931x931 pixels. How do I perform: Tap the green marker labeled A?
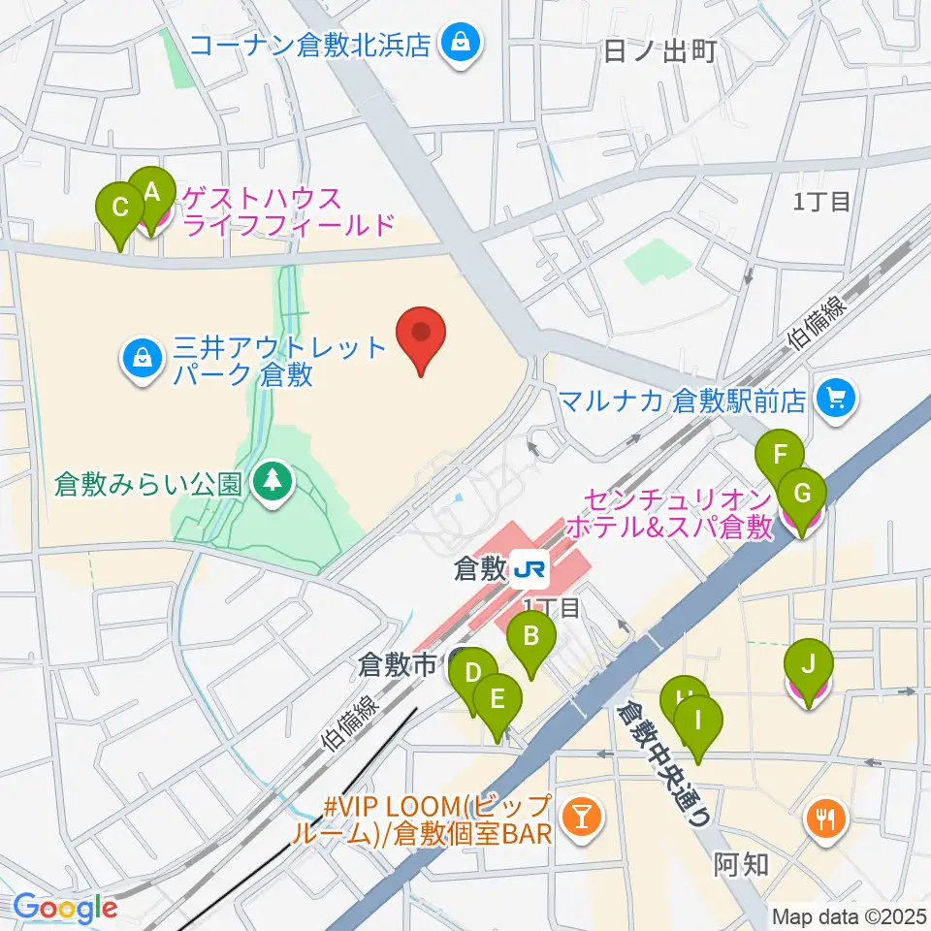click(151, 194)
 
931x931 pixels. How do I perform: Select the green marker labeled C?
click(120, 209)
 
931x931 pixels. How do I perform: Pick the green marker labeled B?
click(531, 638)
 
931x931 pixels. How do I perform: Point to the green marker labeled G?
click(802, 495)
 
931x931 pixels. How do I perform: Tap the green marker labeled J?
click(809, 667)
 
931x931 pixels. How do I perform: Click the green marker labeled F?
click(780, 456)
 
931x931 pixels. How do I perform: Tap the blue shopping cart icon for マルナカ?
click(836, 398)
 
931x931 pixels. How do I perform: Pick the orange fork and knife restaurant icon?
click(825, 819)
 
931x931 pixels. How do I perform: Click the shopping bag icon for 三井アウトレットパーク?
click(143, 358)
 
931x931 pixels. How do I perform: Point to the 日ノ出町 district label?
click(659, 50)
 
